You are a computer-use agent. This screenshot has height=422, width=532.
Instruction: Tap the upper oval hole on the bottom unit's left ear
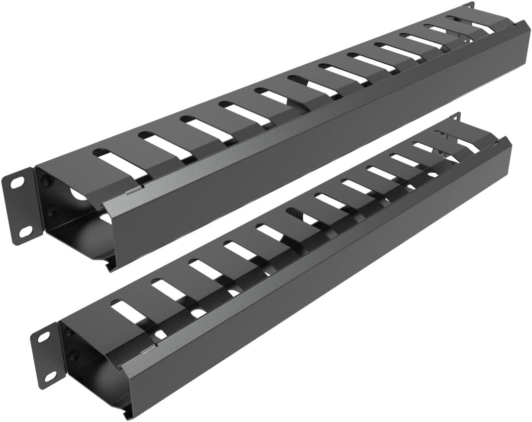coord(44,337)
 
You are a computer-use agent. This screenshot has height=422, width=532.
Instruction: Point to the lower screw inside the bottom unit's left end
coord(75,355)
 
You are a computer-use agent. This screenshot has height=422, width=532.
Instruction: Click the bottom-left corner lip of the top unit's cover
coord(111,264)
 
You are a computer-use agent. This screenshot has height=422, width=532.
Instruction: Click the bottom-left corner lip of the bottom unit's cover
coord(128,413)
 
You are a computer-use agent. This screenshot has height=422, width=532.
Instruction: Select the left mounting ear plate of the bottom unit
coord(46,356)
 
